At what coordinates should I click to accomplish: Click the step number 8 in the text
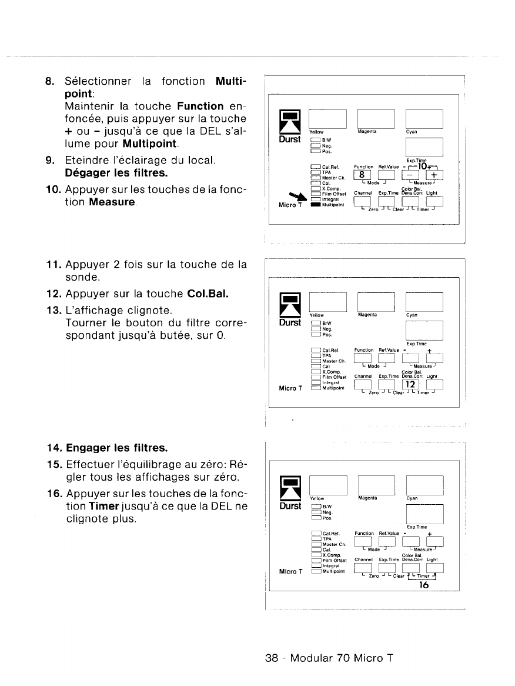click(x=50, y=81)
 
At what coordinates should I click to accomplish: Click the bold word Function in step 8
click(x=200, y=106)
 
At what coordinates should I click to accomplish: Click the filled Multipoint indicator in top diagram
click(x=316, y=205)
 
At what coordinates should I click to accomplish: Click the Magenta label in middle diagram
click(x=367, y=315)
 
